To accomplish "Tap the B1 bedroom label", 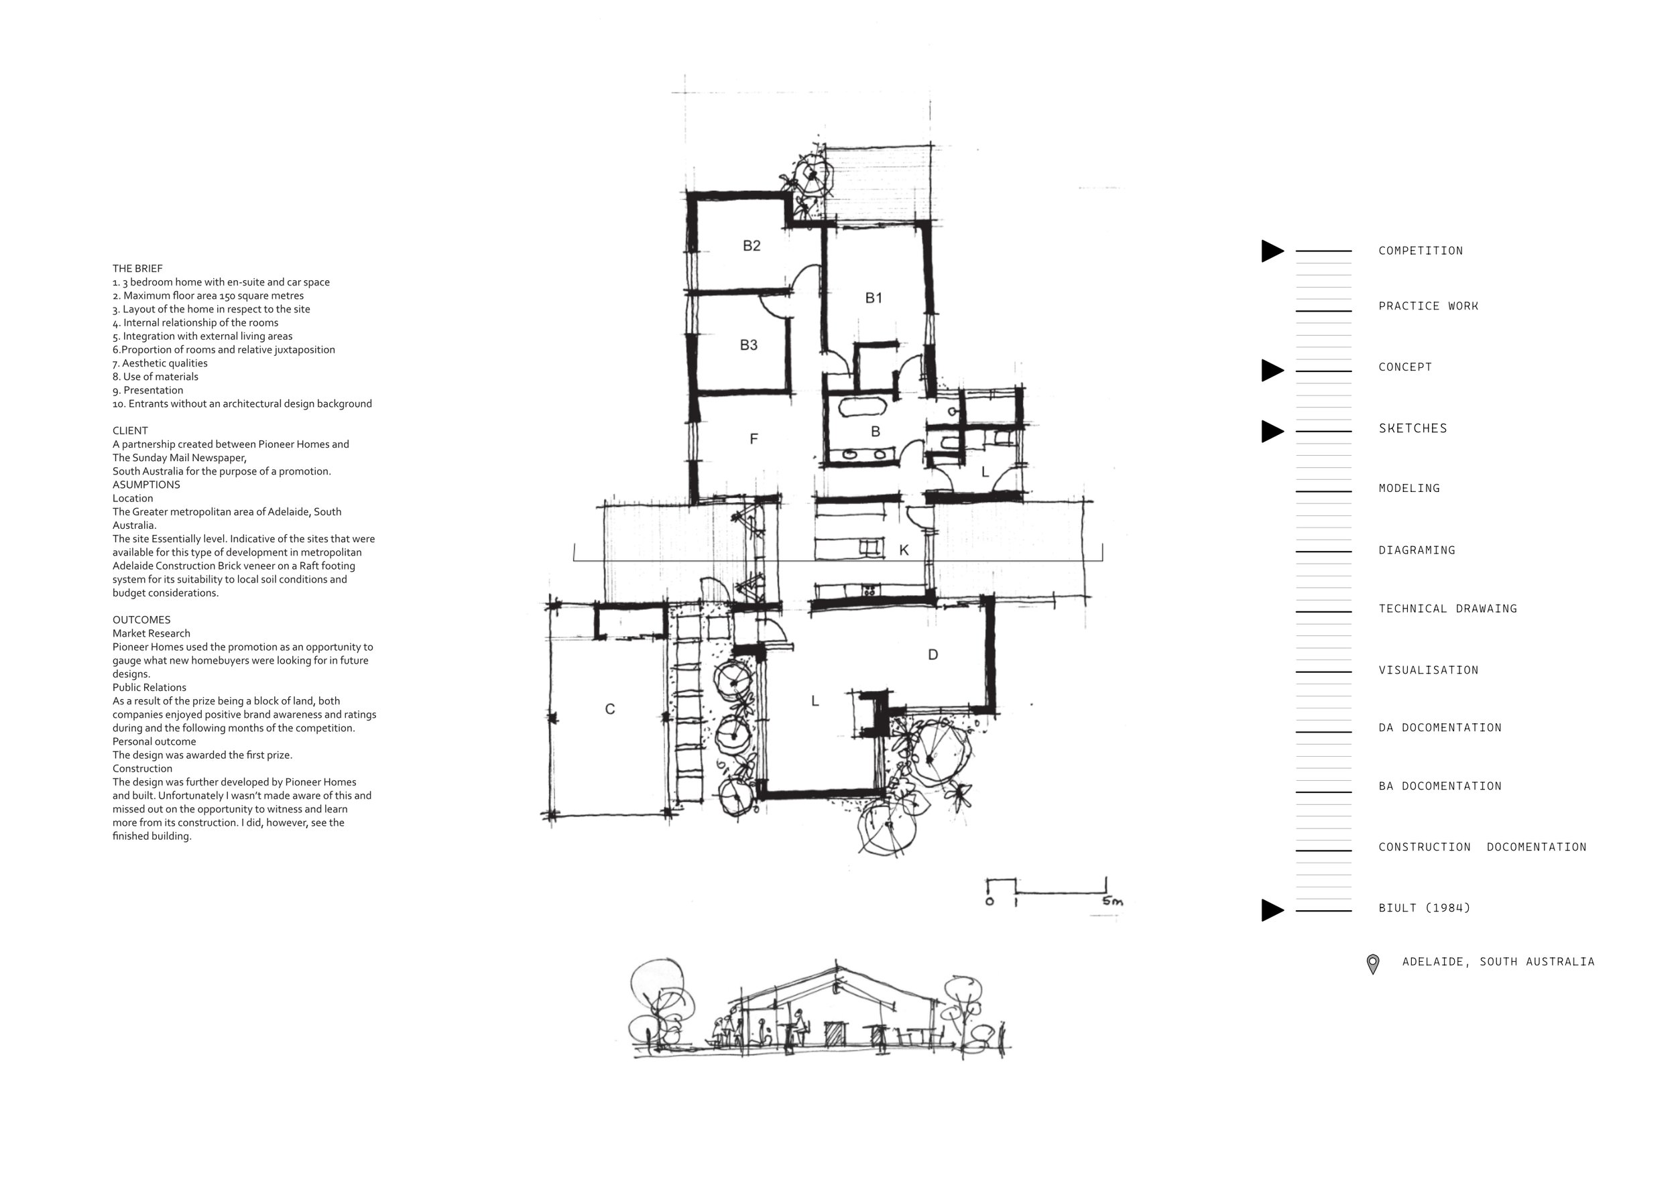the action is [874, 298].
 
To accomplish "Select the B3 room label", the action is [749, 345].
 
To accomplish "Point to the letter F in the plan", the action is [754, 438].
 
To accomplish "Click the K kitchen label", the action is [904, 550].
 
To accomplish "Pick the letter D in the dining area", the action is [933, 655].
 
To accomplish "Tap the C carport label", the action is [610, 708].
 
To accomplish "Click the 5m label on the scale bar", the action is [1112, 901].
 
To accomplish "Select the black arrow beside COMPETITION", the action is [1272, 251].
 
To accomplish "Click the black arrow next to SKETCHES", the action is [1272, 431].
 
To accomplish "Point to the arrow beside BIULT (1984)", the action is [1272, 910].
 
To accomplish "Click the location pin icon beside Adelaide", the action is [1372, 964].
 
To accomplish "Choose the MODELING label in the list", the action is [1409, 488].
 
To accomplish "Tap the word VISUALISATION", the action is [1429, 670].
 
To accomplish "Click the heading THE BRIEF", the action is [137, 269].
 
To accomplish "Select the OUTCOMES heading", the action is [141, 619].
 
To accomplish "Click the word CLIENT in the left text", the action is [130, 430].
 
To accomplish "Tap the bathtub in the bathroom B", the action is [862, 407].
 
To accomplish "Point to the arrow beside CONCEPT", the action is [1272, 371].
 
